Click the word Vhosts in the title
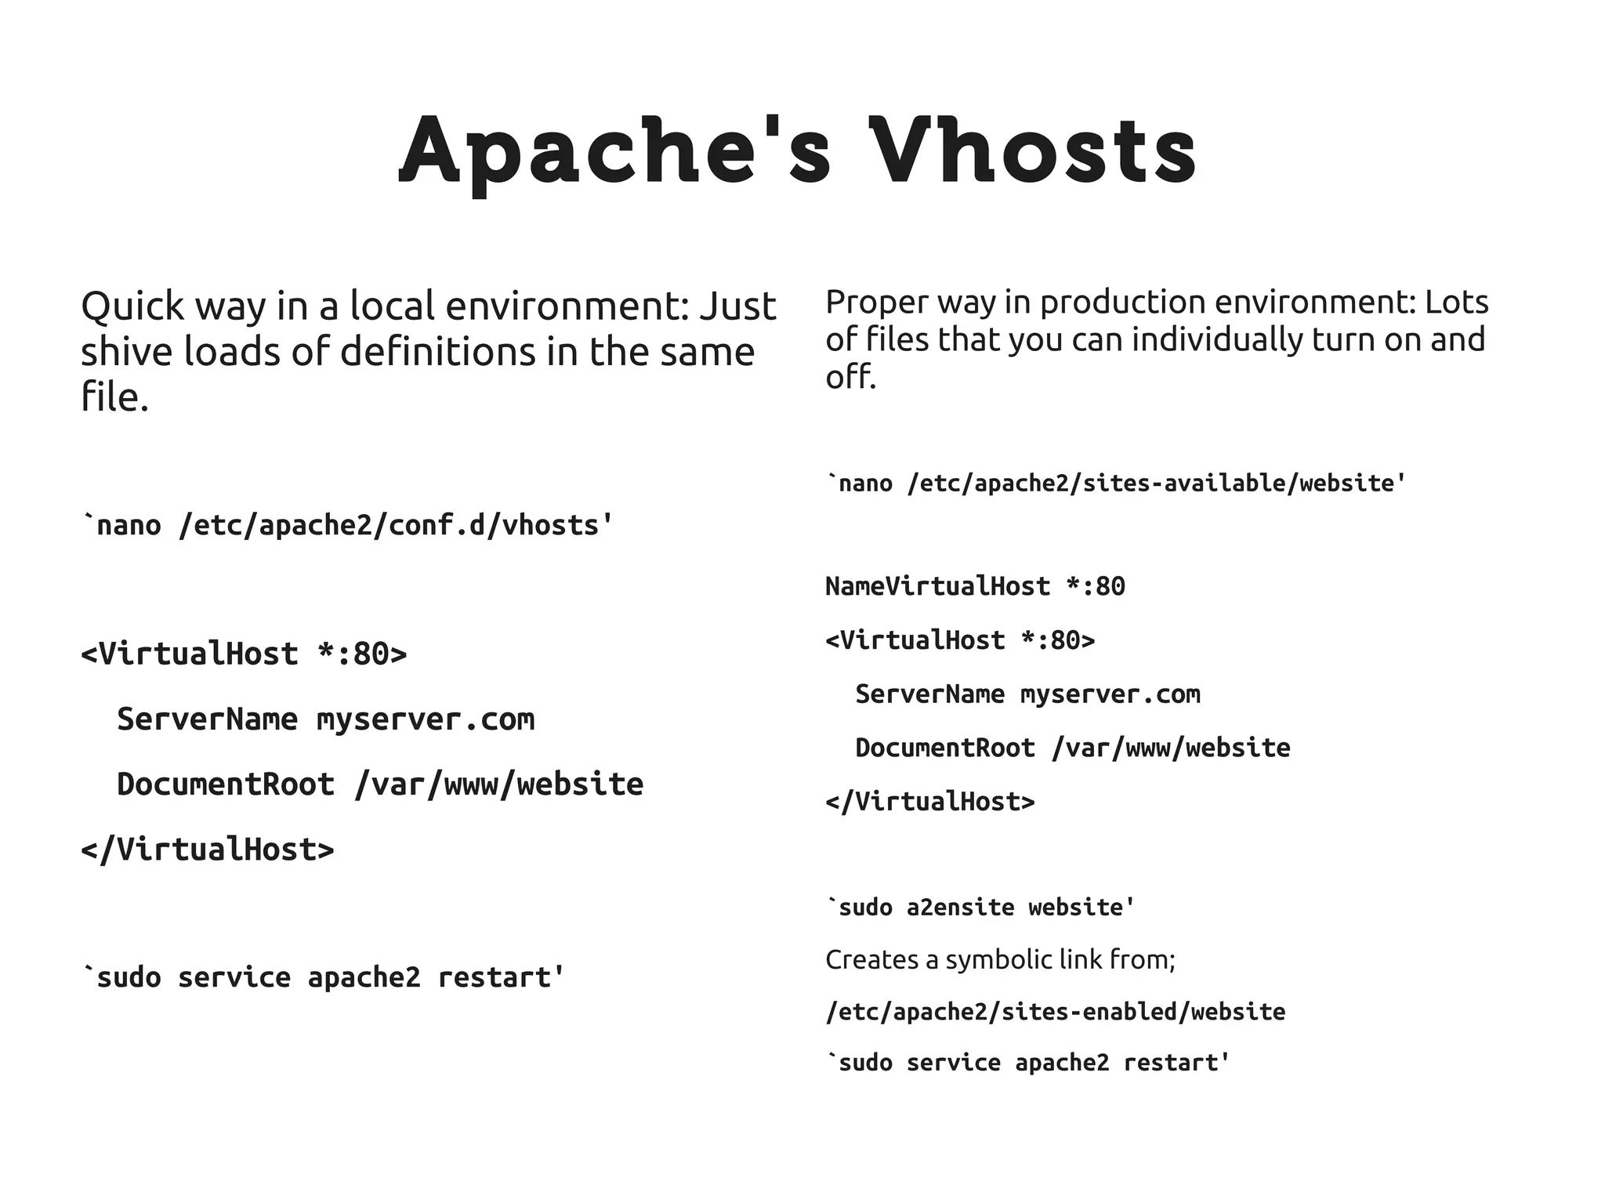coord(1033,150)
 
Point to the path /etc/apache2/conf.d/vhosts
coord(389,525)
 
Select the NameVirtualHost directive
coord(937,586)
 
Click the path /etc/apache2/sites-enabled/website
coord(1055,1012)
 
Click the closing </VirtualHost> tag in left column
coord(208,850)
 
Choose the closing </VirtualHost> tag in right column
coord(930,802)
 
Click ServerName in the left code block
coord(207,719)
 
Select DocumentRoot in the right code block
coord(945,748)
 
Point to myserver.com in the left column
coord(426,719)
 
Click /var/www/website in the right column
coord(1171,748)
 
